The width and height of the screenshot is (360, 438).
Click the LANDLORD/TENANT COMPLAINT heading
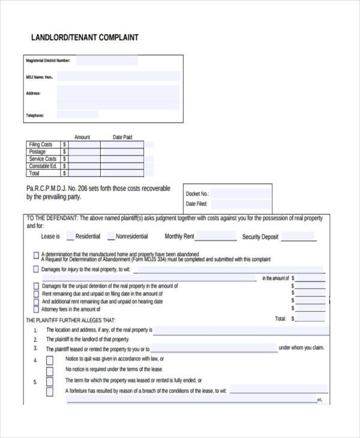coord(85,37)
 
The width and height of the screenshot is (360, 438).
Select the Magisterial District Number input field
coord(107,61)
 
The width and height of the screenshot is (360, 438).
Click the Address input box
coord(118,97)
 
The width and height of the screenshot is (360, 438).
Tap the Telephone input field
coord(118,115)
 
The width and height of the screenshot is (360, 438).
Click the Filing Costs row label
coord(41,145)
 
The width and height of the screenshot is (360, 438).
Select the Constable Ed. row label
coord(43,166)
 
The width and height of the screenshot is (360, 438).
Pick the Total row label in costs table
coord(35,173)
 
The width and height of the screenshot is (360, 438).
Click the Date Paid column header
coord(122,137)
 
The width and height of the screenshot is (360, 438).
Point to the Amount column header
coord(82,137)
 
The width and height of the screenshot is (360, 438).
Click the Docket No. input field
coord(240,193)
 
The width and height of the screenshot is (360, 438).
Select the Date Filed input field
coord(240,205)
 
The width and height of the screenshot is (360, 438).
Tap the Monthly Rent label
coord(179,236)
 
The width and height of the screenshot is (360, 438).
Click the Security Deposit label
coord(260,237)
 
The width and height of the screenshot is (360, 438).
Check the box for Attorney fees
coord(36,310)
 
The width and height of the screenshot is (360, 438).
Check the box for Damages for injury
coord(36,270)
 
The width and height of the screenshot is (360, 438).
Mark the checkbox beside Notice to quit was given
coord(50,359)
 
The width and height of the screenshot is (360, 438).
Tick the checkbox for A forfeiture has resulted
coord(50,391)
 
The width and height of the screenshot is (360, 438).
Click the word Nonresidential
coord(131,236)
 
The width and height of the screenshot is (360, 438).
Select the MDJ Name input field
coord(118,77)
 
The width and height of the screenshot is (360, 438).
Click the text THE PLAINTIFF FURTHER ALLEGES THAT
coord(70,320)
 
